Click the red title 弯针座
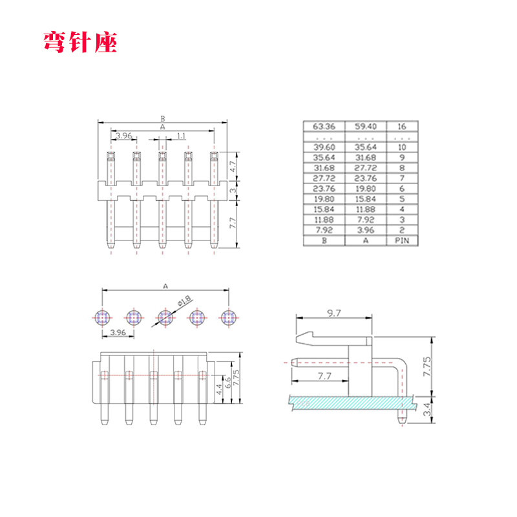point(80,43)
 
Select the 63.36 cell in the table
point(324,127)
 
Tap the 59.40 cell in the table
point(365,127)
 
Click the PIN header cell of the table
point(402,240)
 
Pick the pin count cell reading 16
point(402,127)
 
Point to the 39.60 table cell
point(324,147)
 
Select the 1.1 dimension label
point(181,136)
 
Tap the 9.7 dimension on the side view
point(334,313)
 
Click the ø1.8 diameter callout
point(184,301)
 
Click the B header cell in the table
point(324,240)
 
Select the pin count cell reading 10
point(402,147)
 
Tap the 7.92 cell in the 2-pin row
point(324,230)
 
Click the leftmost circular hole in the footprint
point(103,317)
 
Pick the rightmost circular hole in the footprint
point(228,317)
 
